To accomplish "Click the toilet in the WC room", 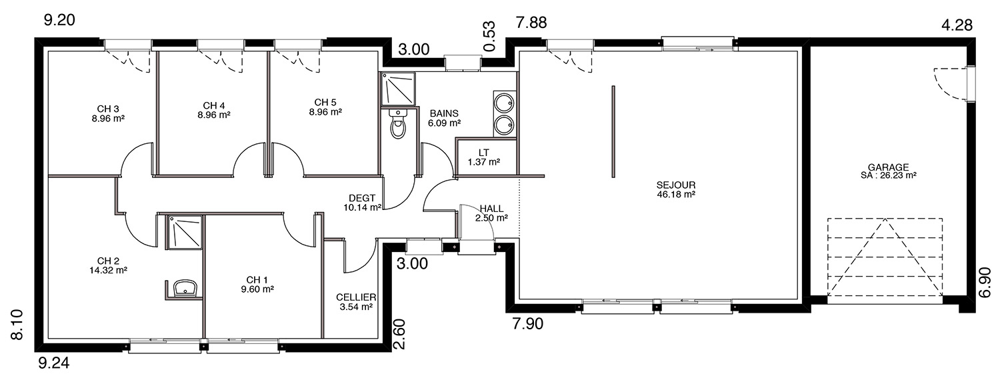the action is point(397,124).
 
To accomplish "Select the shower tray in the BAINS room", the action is point(398,89).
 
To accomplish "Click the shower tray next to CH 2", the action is point(184,232).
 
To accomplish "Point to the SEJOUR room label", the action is point(676,185).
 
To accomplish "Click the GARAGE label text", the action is point(888,167).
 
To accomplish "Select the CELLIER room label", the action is point(356,297).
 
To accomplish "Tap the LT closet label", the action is point(483,153).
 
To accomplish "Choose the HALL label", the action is point(491,208).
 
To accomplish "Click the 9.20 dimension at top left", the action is point(59,20).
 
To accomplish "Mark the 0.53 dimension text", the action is point(489,36).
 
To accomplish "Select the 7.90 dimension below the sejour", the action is point(528,323).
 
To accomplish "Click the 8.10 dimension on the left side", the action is point(17,325).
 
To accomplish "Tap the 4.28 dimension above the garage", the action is point(957,25).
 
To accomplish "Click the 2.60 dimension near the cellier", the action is point(399,334).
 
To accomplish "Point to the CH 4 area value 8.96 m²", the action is point(214,115).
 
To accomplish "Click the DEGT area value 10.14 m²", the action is point(362,207).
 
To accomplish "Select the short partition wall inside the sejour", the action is point(613,132).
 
